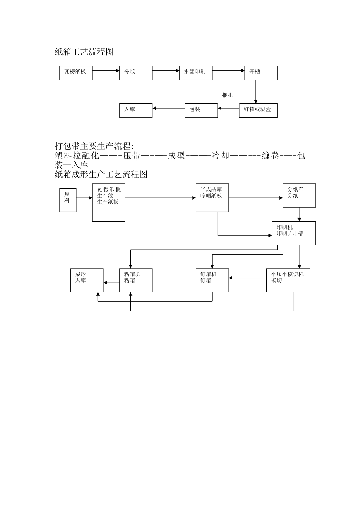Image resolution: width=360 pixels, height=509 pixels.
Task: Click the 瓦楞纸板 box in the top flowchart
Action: (x=76, y=73)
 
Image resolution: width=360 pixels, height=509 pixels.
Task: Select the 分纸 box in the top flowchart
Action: (x=136, y=73)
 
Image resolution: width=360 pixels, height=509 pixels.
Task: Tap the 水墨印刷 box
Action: (x=196, y=73)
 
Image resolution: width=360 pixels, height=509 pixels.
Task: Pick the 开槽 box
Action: (x=261, y=73)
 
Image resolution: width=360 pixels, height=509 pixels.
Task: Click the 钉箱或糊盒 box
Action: (x=258, y=110)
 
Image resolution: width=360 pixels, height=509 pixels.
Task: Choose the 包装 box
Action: (x=201, y=110)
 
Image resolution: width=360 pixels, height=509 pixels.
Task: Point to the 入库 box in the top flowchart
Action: (x=136, y=110)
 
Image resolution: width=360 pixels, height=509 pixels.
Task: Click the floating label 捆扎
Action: (x=227, y=95)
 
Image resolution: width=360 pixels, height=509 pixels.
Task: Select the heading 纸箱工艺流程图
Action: (x=84, y=52)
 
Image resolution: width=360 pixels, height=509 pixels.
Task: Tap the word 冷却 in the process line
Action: (x=221, y=156)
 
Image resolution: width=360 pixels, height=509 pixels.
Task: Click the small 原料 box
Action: (x=68, y=200)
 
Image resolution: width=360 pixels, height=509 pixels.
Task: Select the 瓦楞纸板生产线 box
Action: (x=109, y=203)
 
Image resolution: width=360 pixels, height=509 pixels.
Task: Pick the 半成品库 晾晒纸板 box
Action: (x=212, y=198)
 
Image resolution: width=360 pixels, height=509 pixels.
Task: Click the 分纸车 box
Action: (x=299, y=195)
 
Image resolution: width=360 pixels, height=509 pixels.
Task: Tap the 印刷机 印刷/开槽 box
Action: (x=294, y=233)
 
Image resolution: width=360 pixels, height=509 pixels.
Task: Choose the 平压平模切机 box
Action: (x=288, y=280)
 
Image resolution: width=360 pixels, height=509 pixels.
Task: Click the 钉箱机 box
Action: (x=212, y=280)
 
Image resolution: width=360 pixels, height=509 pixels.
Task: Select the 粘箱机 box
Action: (x=136, y=280)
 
